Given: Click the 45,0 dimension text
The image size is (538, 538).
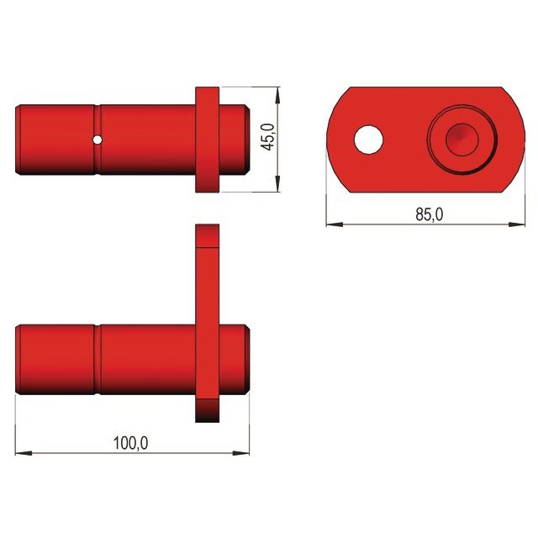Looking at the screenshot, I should click(x=267, y=139).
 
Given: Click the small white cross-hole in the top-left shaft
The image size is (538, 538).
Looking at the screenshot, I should click(x=98, y=139).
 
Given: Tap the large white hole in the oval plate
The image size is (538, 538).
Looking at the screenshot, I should click(x=367, y=140).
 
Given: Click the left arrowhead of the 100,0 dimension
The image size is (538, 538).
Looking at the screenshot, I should click(x=22, y=454).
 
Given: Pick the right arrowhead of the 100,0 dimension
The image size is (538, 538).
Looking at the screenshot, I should click(x=244, y=454).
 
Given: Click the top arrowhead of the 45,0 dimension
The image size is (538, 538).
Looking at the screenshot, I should click(x=277, y=91).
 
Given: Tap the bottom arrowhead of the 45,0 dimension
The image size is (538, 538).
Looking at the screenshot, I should click(x=277, y=187).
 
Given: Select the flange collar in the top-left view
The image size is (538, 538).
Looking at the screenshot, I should click(x=208, y=139).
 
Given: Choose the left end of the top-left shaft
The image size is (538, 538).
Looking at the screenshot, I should click(x=20, y=139).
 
